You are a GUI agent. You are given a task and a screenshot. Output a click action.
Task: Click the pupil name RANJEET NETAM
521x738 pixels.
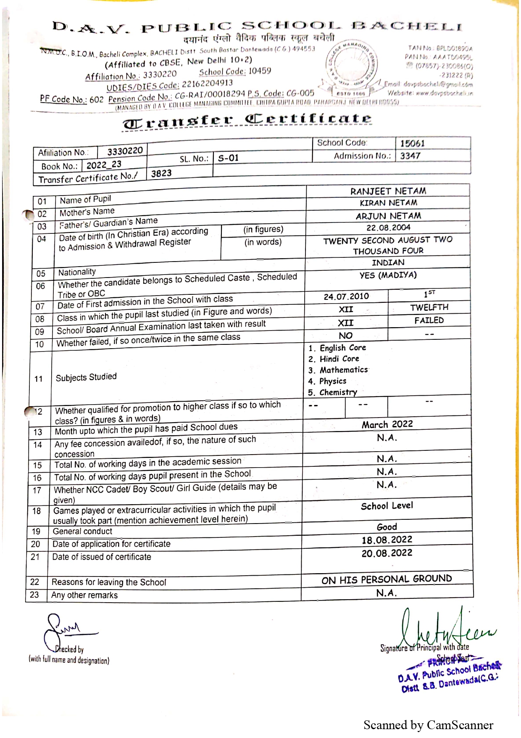[388, 191]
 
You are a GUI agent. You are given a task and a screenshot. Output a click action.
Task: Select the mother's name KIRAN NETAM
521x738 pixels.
[388, 203]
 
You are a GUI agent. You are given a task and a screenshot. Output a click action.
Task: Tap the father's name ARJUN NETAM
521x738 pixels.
[388, 216]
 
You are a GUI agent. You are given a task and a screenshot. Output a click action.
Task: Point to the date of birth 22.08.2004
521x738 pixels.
[388, 228]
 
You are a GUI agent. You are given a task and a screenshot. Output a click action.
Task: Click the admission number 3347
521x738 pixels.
[410, 156]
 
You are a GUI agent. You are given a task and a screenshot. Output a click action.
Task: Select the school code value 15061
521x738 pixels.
[412, 143]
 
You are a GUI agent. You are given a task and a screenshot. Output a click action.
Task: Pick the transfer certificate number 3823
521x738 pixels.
[161, 173]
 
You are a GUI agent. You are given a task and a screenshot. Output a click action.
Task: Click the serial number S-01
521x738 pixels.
[228, 158]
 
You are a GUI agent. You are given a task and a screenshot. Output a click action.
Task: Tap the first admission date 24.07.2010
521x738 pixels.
[346, 296]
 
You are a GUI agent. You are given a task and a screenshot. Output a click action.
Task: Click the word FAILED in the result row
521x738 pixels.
[429, 320]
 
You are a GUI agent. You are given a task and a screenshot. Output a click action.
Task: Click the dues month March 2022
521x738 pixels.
[387, 424]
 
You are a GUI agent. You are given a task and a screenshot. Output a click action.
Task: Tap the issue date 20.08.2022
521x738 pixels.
[387, 553]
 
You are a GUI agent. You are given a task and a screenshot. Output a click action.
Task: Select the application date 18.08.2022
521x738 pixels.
[387, 540]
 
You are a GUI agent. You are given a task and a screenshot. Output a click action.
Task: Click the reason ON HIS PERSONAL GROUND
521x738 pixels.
[387, 580]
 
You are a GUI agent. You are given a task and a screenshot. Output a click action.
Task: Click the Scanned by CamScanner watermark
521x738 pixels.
[428, 725]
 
